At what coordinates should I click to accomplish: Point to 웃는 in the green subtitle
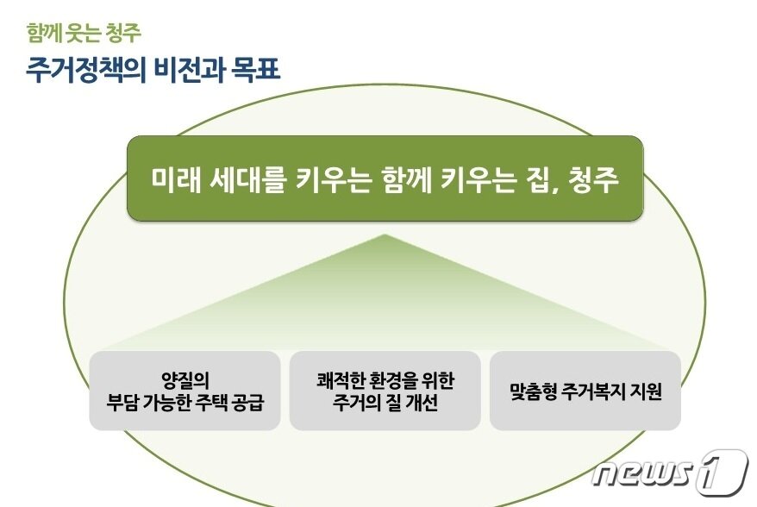pyautogui.click(x=84, y=33)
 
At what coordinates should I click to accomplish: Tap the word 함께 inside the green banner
pyautogui.click(x=405, y=179)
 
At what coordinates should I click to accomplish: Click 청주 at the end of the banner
pyautogui.click(x=594, y=179)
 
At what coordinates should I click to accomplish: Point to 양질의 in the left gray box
pyautogui.click(x=185, y=379)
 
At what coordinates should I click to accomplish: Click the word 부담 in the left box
pyautogui.click(x=122, y=402)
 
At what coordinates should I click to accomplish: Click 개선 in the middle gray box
pyautogui.click(x=422, y=402)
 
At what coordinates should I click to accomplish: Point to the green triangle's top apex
pyautogui.click(x=385, y=235)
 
